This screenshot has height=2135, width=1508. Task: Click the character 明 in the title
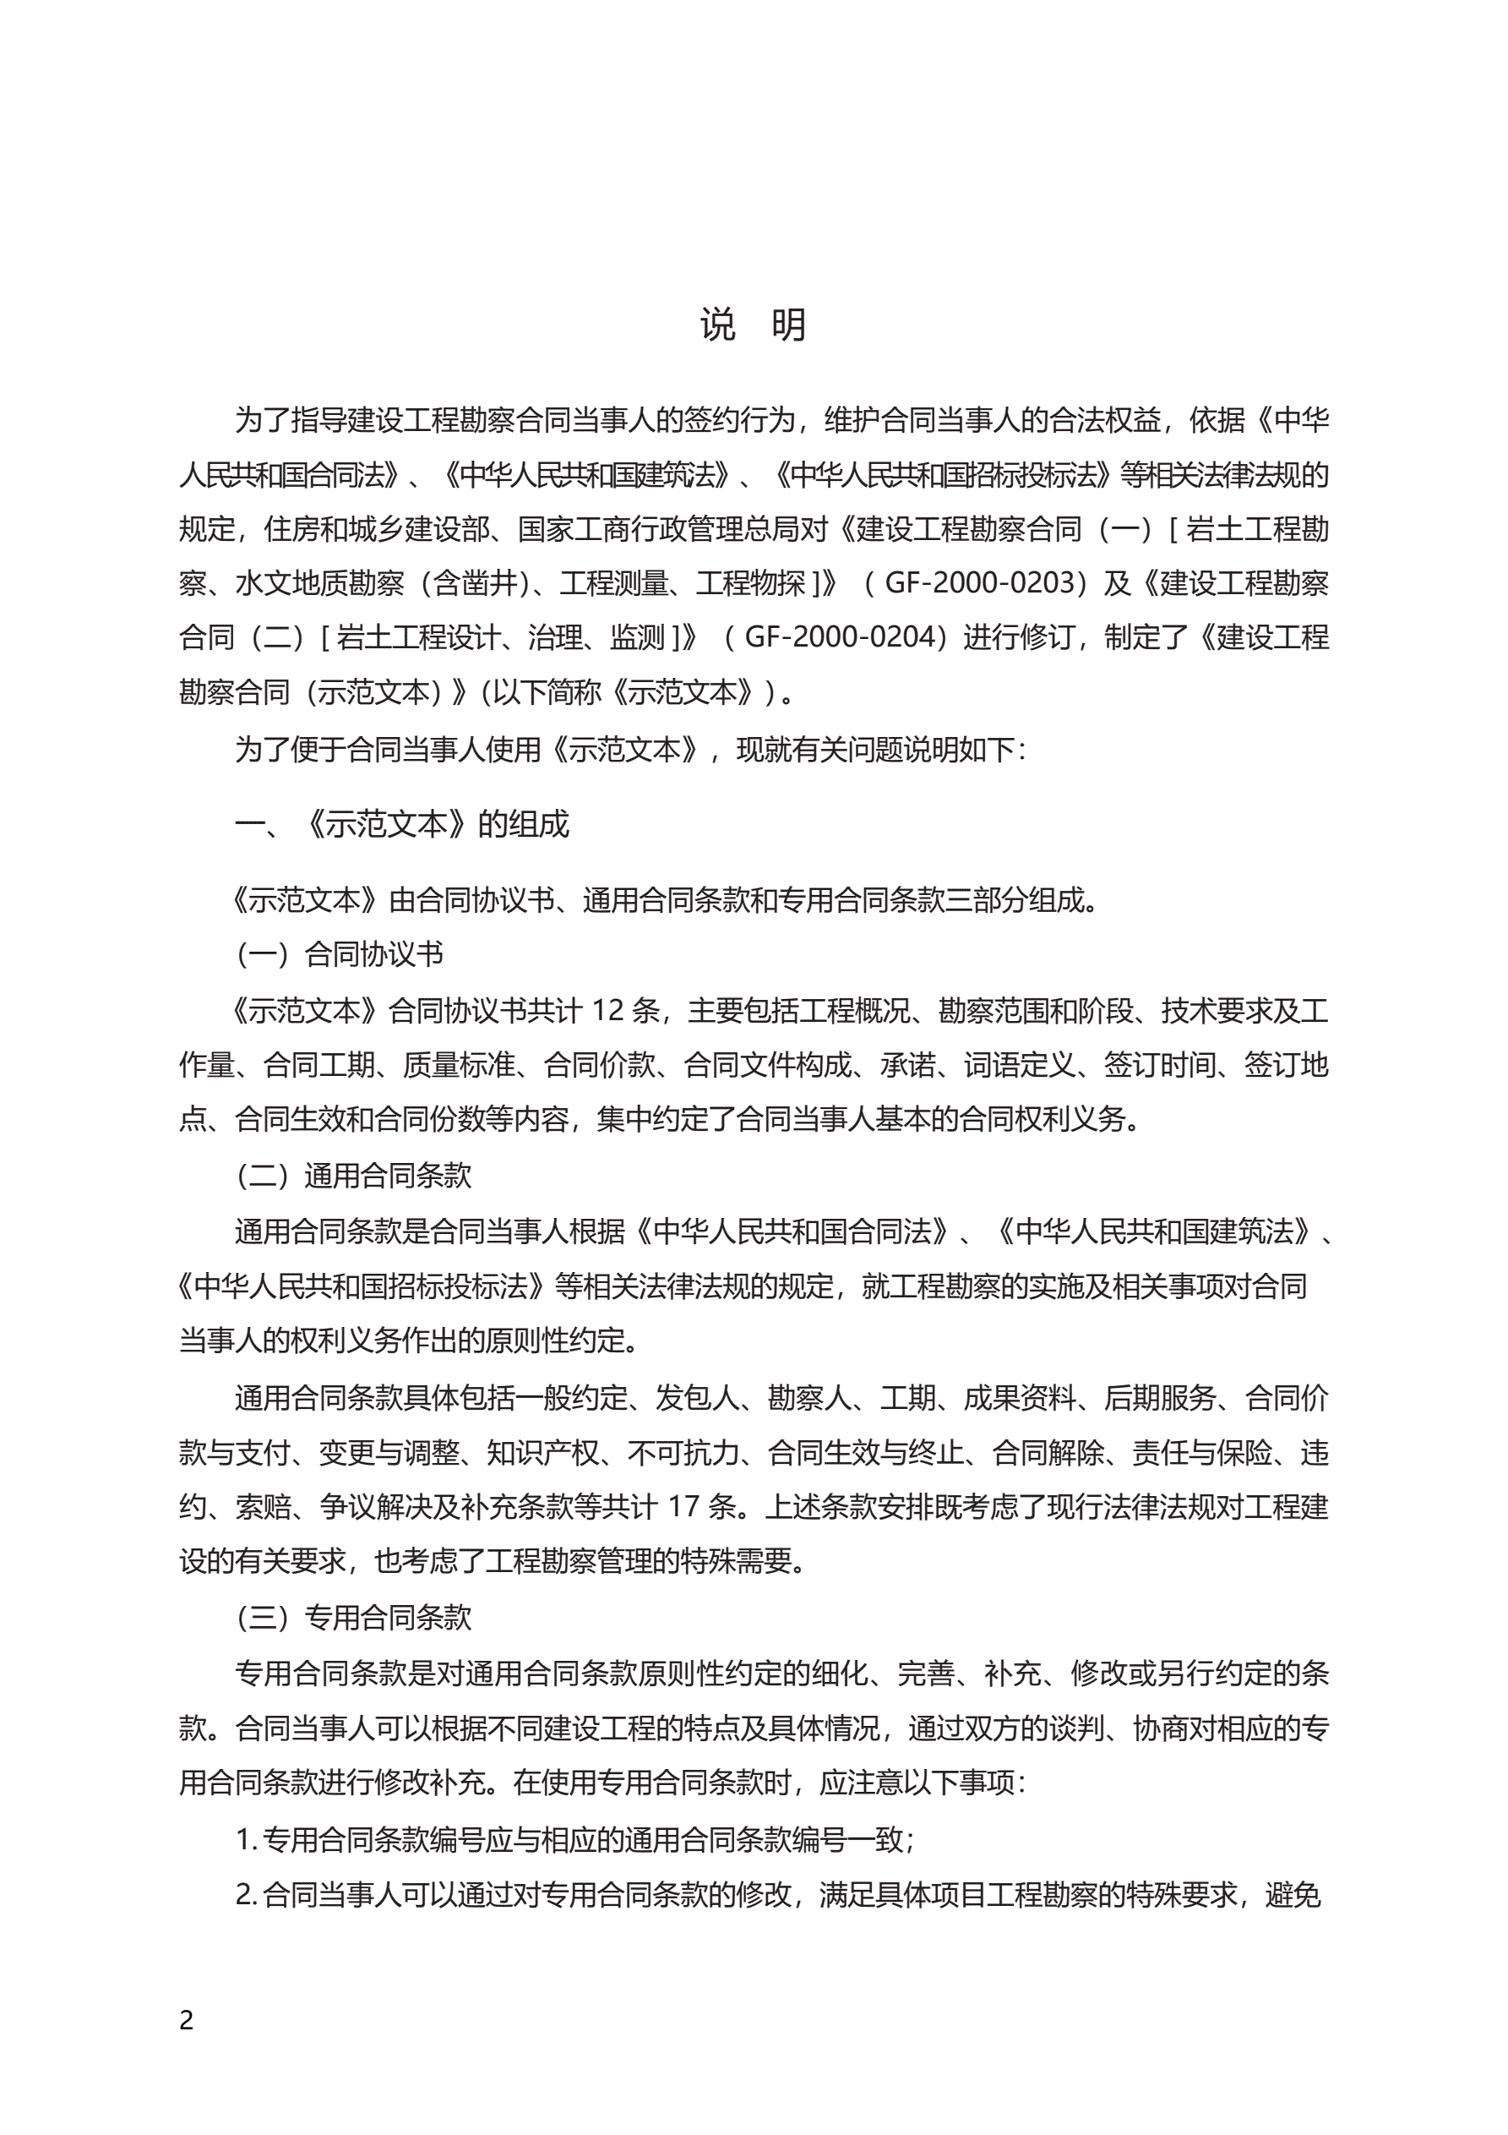click(x=788, y=325)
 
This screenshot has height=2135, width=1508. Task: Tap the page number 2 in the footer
click(x=187, y=2020)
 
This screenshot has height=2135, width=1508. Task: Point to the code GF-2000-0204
click(x=840, y=637)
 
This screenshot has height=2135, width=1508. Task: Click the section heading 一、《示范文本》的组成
click(x=401, y=824)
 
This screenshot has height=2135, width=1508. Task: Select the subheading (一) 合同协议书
click(x=340, y=954)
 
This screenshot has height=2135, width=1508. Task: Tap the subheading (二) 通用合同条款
click(x=353, y=1176)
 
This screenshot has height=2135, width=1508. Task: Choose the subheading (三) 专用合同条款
click(x=353, y=1618)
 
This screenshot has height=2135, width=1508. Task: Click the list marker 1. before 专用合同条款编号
click(x=246, y=1839)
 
